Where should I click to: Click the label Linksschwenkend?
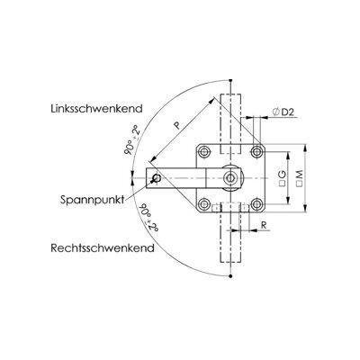pyautogui.click(x=96, y=108)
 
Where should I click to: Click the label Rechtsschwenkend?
pyautogui.click(x=103, y=248)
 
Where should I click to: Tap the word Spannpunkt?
pyautogui.click(x=93, y=200)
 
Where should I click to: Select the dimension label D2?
pyautogui.click(x=288, y=112)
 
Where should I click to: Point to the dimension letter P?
pyautogui.click(x=177, y=125)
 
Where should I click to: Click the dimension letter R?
pyautogui.click(x=264, y=225)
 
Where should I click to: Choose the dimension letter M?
pyautogui.click(x=300, y=175)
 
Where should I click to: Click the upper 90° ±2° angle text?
pyautogui.click(x=132, y=140)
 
